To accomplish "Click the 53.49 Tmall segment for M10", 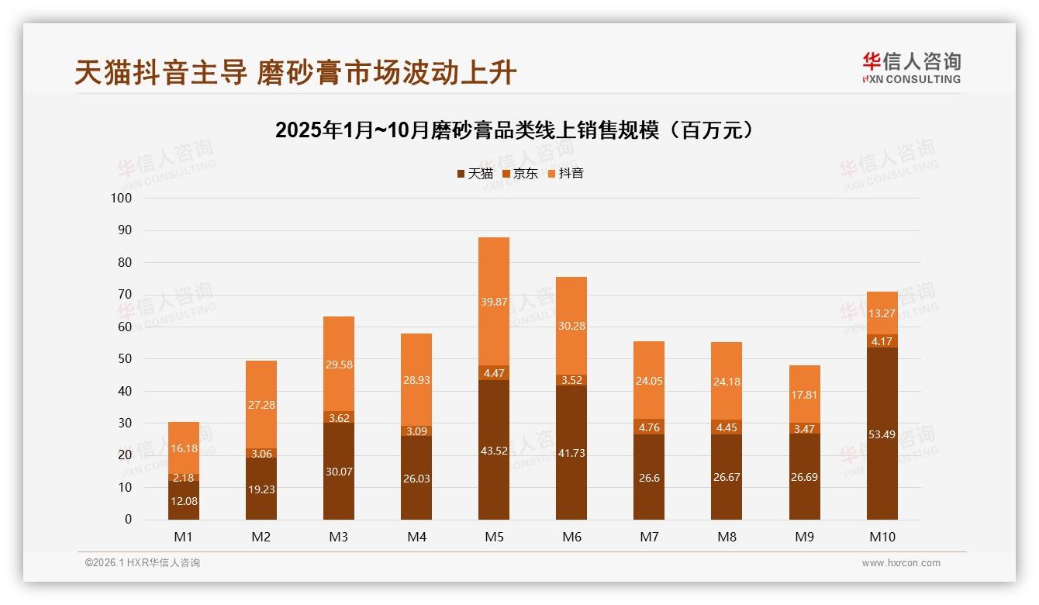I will (882, 434).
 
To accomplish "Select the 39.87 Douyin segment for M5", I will (494, 302).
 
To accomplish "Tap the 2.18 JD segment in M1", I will (184, 478).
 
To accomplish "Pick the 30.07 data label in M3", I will (339, 472).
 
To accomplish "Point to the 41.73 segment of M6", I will (571, 453).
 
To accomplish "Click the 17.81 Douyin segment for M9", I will (804, 395).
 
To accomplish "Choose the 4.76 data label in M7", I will (649, 427).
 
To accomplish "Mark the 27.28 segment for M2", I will (261, 405).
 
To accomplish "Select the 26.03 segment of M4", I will (416, 479).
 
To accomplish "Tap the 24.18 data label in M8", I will (727, 382).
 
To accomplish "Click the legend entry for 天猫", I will (475, 174).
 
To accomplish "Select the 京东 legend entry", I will (520, 174).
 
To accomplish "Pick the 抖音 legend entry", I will (565, 174).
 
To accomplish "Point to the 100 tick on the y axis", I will (122, 199).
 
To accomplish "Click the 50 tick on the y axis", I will (124, 359).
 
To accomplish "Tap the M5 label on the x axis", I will (494, 537).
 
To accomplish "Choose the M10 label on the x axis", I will (882, 537).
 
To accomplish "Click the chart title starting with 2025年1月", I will (515, 130).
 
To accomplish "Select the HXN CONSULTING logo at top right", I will (911, 68).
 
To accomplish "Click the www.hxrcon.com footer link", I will (901, 563).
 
